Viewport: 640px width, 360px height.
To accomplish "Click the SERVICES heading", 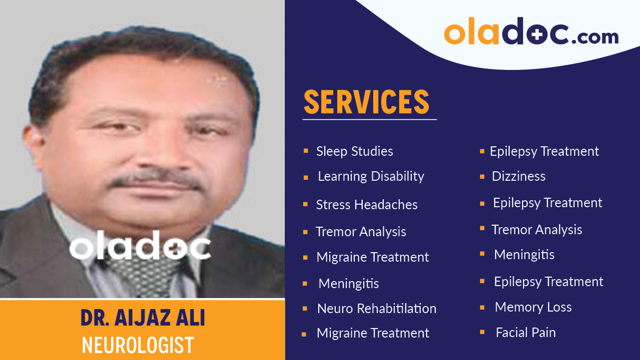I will click(366, 101).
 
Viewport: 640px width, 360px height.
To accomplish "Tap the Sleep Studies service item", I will click(354, 151).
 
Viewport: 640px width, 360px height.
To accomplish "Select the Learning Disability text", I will click(371, 176).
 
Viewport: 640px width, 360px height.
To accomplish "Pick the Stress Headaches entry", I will click(367, 205).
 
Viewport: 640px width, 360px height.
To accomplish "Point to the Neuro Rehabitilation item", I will click(377, 309).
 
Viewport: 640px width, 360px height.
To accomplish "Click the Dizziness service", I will click(519, 176).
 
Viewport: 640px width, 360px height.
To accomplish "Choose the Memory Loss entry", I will click(533, 307).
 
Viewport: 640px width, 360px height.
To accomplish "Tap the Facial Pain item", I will click(526, 333).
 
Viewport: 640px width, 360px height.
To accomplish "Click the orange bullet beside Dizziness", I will click(482, 177).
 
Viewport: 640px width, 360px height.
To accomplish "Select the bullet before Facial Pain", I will click(482, 332).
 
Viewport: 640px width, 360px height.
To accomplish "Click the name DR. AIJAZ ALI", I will click(143, 318).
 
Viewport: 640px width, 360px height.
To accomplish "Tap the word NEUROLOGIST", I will click(138, 345).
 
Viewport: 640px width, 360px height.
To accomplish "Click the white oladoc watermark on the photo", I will click(139, 245).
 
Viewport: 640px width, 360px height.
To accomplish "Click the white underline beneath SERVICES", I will click(369, 120).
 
